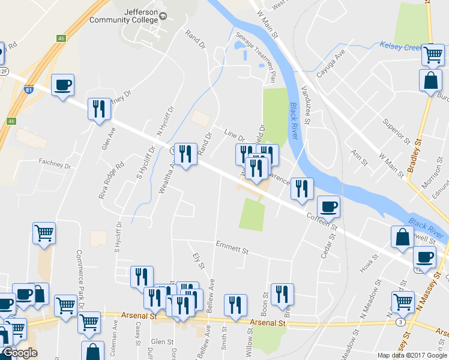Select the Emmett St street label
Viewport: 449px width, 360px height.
(232, 247)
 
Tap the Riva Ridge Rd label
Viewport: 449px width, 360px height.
(111, 179)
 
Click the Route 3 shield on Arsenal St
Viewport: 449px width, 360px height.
(400, 322)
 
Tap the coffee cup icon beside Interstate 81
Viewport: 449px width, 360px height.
(62, 85)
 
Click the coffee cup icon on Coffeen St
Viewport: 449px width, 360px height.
(328, 207)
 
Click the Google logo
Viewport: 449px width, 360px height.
(19, 353)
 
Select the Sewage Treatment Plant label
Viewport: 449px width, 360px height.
(257, 58)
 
